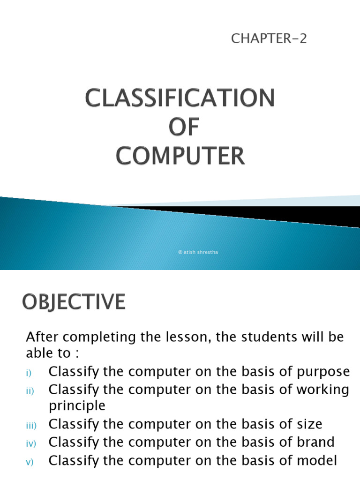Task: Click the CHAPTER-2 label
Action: pos(269,39)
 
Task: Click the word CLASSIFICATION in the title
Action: pos(180,99)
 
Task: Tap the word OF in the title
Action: pos(180,128)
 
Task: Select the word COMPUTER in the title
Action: pos(180,156)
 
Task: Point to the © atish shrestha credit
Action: pos(198,253)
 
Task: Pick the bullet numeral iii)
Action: pos(31,426)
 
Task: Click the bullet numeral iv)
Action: pos(31,443)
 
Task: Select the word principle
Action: pos(77,406)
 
